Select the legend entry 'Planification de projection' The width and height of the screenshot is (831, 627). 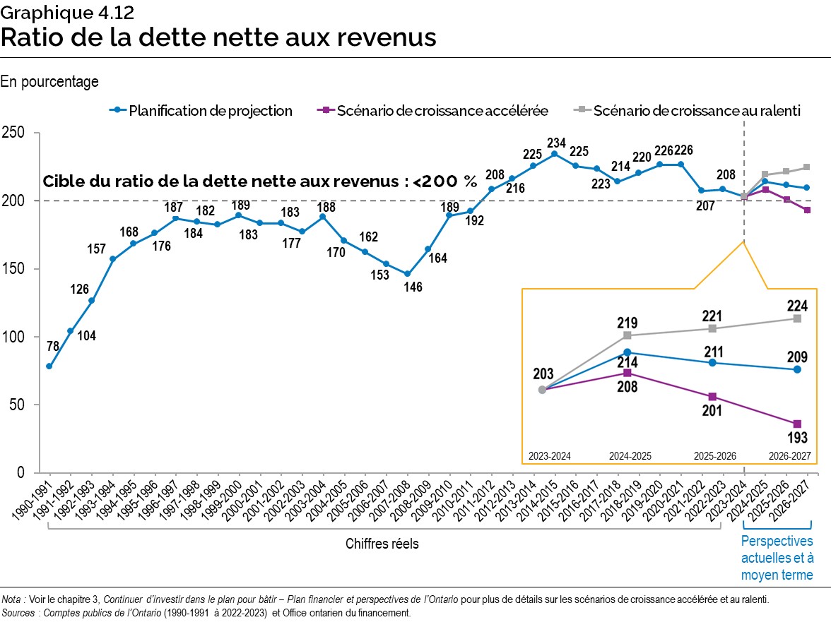point(210,111)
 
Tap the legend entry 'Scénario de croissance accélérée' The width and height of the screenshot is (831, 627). point(442,111)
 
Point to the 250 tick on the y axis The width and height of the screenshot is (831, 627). point(14,133)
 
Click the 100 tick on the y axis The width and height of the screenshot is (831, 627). point(14,337)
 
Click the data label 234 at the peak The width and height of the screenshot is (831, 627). point(554,141)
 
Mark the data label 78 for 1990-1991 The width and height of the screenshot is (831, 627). point(52,346)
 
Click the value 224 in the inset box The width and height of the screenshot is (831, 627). point(796,305)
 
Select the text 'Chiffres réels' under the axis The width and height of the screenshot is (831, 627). point(382,544)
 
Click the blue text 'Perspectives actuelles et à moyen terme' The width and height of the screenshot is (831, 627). point(777,558)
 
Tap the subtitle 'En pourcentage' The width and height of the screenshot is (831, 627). point(49,82)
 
